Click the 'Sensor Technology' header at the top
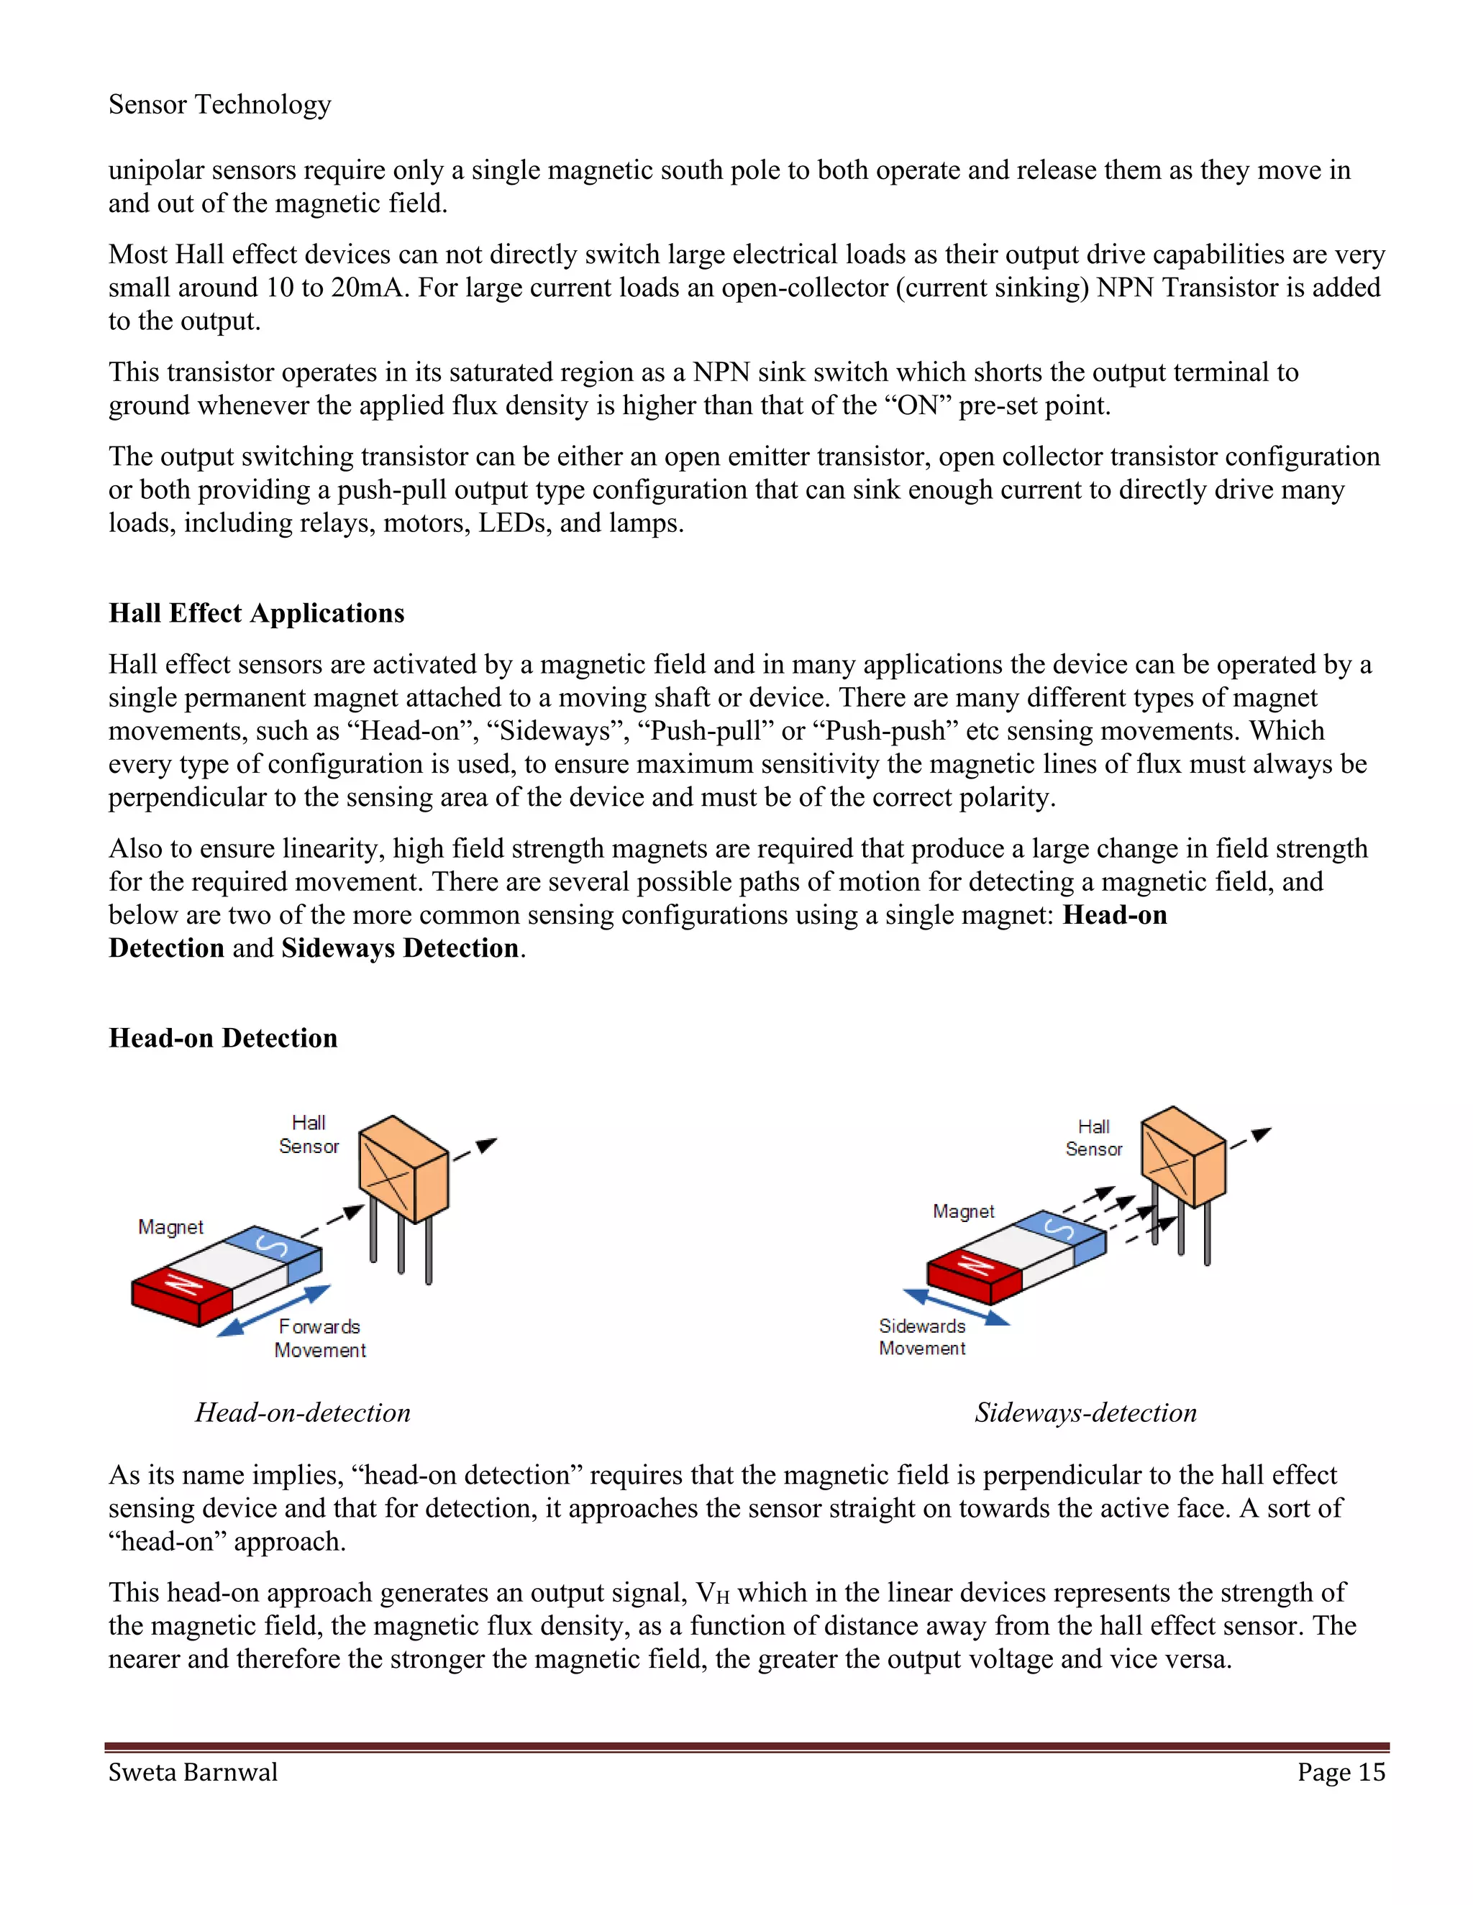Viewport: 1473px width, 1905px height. pos(219,105)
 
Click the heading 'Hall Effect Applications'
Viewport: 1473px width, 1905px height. pos(257,613)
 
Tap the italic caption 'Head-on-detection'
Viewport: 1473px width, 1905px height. pos(302,1412)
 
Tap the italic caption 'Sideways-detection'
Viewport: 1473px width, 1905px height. pos(1085,1412)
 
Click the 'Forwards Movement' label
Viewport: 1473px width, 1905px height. pos(319,1338)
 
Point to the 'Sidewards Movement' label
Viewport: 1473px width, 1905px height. pos(921,1336)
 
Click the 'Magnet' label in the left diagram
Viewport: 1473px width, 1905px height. pos(170,1227)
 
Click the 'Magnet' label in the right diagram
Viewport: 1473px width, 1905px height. pos(962,1211)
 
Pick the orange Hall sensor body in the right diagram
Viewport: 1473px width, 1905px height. pos(1182,1156)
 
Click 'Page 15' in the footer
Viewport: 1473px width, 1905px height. pos(1341,1773)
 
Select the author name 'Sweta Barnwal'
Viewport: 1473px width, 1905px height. pos(193,1773)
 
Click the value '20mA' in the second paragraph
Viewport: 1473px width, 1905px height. pos(368,288)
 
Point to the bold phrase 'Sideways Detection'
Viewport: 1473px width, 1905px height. pos(400,948)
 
